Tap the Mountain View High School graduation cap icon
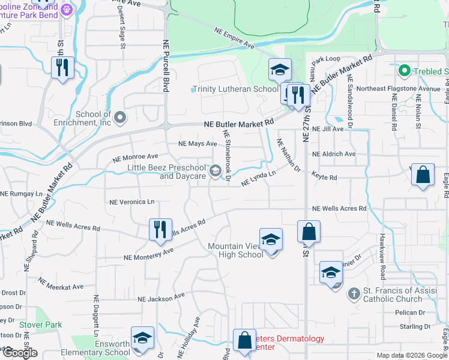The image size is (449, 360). tap(271, 239)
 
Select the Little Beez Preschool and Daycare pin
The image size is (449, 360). tap(214, 172)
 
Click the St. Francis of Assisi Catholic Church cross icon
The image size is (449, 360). tap(354, 293)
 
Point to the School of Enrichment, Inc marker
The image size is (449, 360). tap(121, 117)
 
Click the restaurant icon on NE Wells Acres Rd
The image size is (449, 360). tap(160, 230)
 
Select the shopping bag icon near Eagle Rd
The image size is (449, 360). tap(423, 175)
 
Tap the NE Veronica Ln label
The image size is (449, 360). tap(131, 202)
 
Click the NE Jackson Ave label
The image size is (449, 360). tap(161, 298)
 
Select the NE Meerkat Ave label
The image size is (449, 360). tap(61, 287)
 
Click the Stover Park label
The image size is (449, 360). tap(40, 325)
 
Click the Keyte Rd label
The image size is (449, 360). tap(324, 177)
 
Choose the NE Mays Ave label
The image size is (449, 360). tap(197, 144)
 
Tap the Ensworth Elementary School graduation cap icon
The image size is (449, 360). tap(143, 338)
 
